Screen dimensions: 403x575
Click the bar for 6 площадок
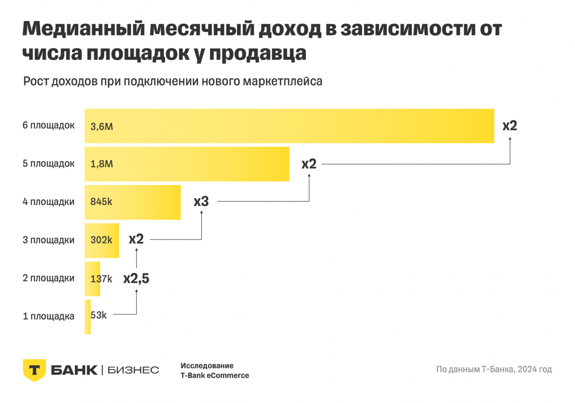click(289, 126)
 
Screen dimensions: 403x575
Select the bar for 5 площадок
click(187, 164)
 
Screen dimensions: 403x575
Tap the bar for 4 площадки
click(133, 202)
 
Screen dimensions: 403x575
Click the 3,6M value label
click(101, 126)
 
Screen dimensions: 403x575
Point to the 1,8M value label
click(101, 164)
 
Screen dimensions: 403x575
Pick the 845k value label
click(101, 202)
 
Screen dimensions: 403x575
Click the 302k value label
click(101, 240)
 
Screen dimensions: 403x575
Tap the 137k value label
click(101, 279)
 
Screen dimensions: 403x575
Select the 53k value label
click(98, 315)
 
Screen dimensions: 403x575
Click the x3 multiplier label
click(201, 201)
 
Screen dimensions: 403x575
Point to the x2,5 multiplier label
click(136, 279)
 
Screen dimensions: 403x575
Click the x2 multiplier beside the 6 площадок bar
click(510, 125)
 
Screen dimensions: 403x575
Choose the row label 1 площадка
click(49, 317)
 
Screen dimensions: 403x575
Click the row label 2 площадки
click(49, 278)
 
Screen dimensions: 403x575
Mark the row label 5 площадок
click(49, 163)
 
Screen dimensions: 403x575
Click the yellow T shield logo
click(34, 370)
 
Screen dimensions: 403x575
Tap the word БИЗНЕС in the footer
click(133, 370)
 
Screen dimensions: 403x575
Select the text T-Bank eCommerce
click(215, 376)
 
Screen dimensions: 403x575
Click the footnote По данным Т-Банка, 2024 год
click(494, 369)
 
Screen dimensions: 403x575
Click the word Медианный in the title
click(84, 30)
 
